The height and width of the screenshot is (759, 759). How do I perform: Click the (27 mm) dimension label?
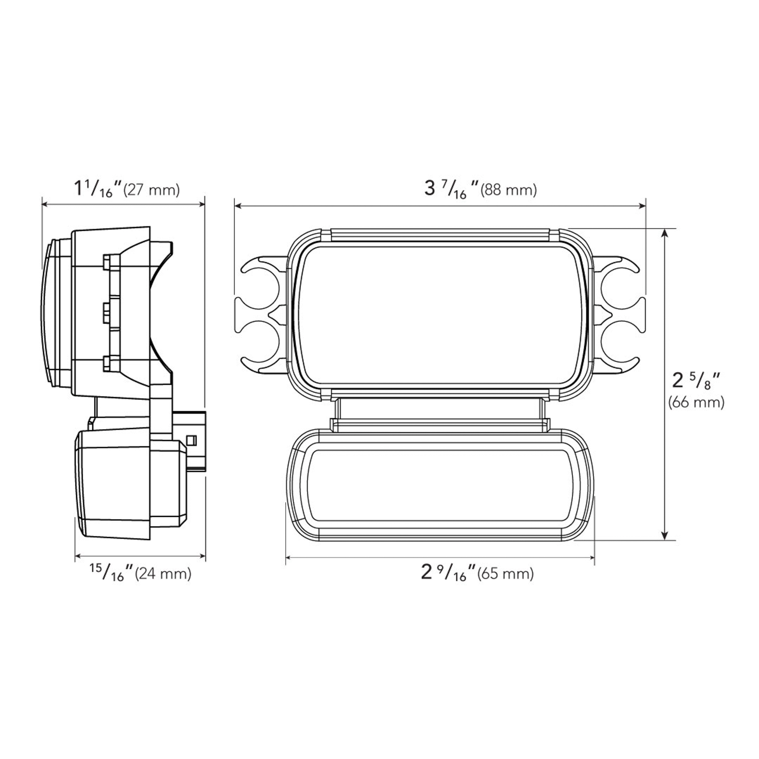tap(151, 190)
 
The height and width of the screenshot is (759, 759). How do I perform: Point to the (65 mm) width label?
tap(505, 574)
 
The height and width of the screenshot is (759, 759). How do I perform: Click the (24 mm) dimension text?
tap(163, 574)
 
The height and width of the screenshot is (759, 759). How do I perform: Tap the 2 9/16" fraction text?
tap(448, 573)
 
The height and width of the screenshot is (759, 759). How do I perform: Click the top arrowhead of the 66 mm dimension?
tap(665, 233)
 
